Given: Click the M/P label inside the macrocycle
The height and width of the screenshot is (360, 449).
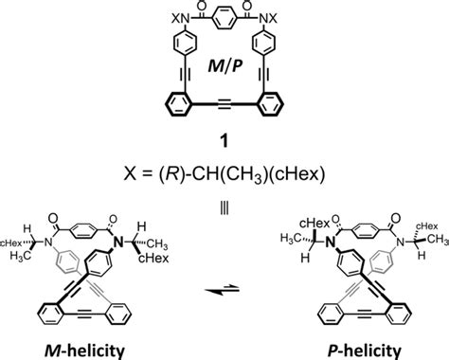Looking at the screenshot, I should point(224,72).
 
